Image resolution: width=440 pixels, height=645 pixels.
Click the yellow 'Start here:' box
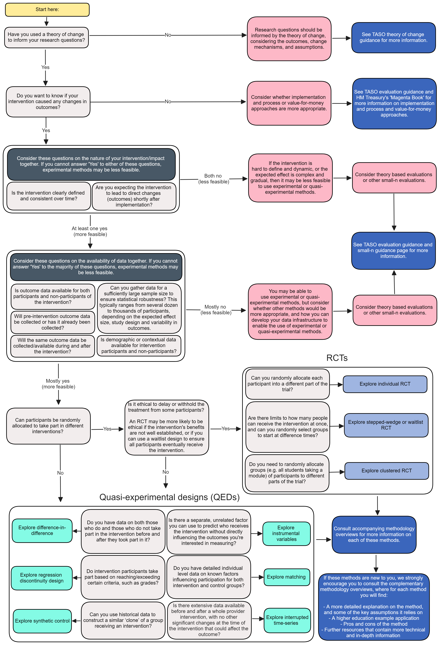click(x=47, y=9)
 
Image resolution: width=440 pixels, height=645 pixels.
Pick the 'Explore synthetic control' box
click(x=42, y=621)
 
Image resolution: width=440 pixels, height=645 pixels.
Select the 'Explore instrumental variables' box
click(x=286, y=533)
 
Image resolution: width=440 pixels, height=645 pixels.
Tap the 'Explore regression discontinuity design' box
click(x=42, y=578)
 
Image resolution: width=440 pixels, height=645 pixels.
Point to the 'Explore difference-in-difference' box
click(x=42, y=530)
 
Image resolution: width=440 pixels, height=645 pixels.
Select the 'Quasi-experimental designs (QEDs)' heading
click(x=169, y=497)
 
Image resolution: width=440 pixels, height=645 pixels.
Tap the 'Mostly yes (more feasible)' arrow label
click(x=58, y=384)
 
